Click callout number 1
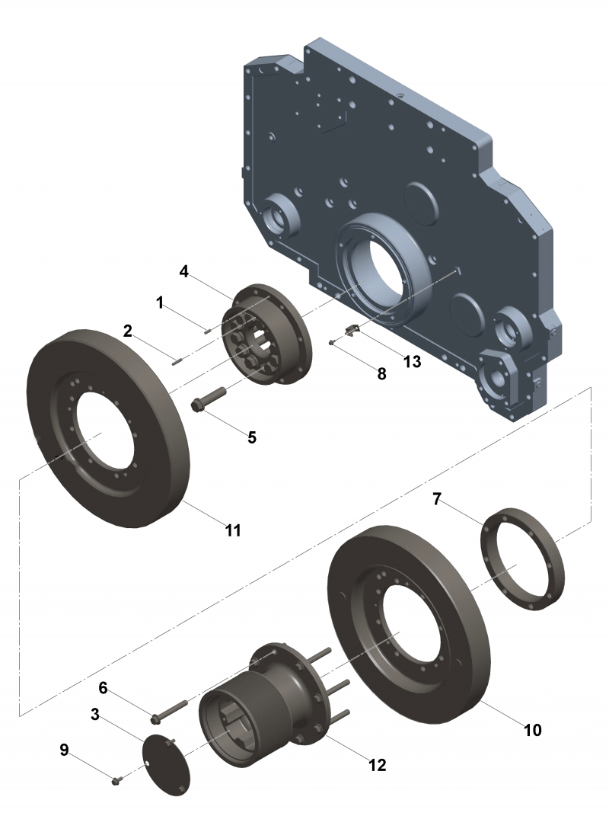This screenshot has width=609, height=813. (161, 302)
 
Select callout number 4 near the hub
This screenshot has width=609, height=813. (183, 271)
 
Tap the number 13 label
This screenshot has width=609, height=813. (412, 361)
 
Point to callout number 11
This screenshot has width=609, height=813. (233, 530)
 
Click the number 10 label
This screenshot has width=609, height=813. (532, 729)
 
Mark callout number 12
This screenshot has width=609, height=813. (376, 764)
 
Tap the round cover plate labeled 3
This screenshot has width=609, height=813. (166, 763)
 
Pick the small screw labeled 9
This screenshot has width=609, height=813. (116, 780)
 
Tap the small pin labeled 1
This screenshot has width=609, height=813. (206, 329)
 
